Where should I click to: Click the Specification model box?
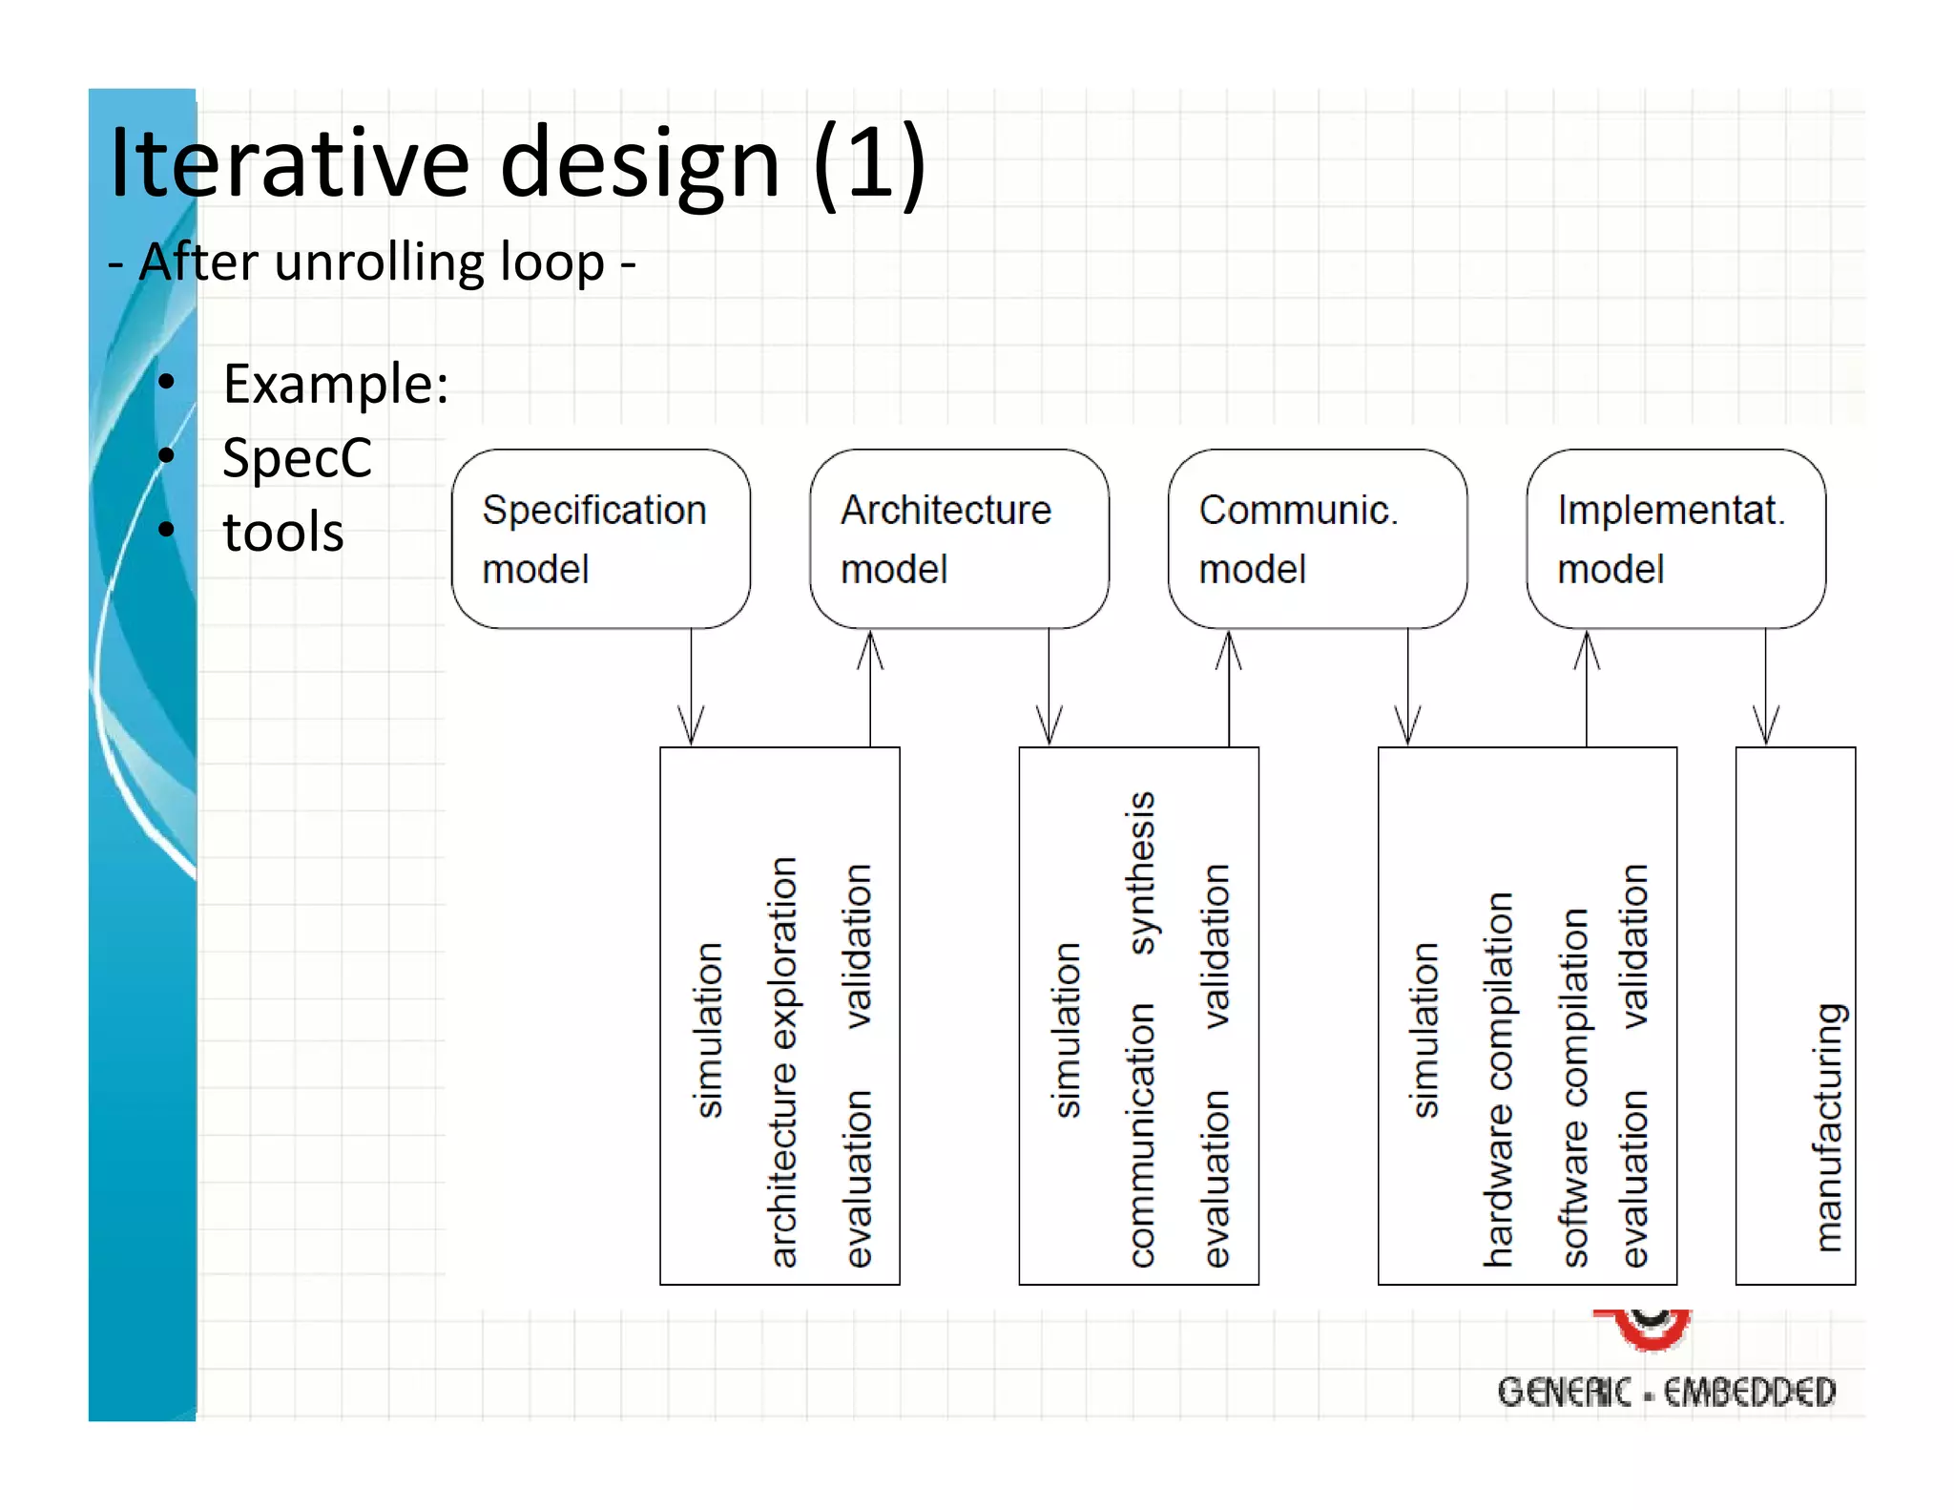pyautogui.click(x=600, y=538)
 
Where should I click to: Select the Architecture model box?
pyautogui.click(x=959, y=538)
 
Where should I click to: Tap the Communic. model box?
pyautogui.click(x=1317, y=538)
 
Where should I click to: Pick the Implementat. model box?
pyautogui.click(x=1675, y=538)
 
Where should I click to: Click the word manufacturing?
pyautogui.click(x=1827, y=1126)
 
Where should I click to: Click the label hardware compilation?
pyautogui.click(x=1498, y=1079)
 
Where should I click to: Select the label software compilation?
pyautogui.click(x=1574, y=1087)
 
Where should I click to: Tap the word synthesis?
pyautogui.click(x=1141, y=872)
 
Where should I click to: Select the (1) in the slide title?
pyautogui.click(x=869, y=164)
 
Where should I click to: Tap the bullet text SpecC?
pyautogui.click(x=297, y=458)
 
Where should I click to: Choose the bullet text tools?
pyautogui.click(x=283, y=532)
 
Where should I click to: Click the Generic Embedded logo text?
pyautogui.click(x=1666, y=1392)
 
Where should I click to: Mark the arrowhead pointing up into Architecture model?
pyautogui.click(x=870, y=649)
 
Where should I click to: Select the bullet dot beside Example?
pyautogui.click(x=167, y=382)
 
